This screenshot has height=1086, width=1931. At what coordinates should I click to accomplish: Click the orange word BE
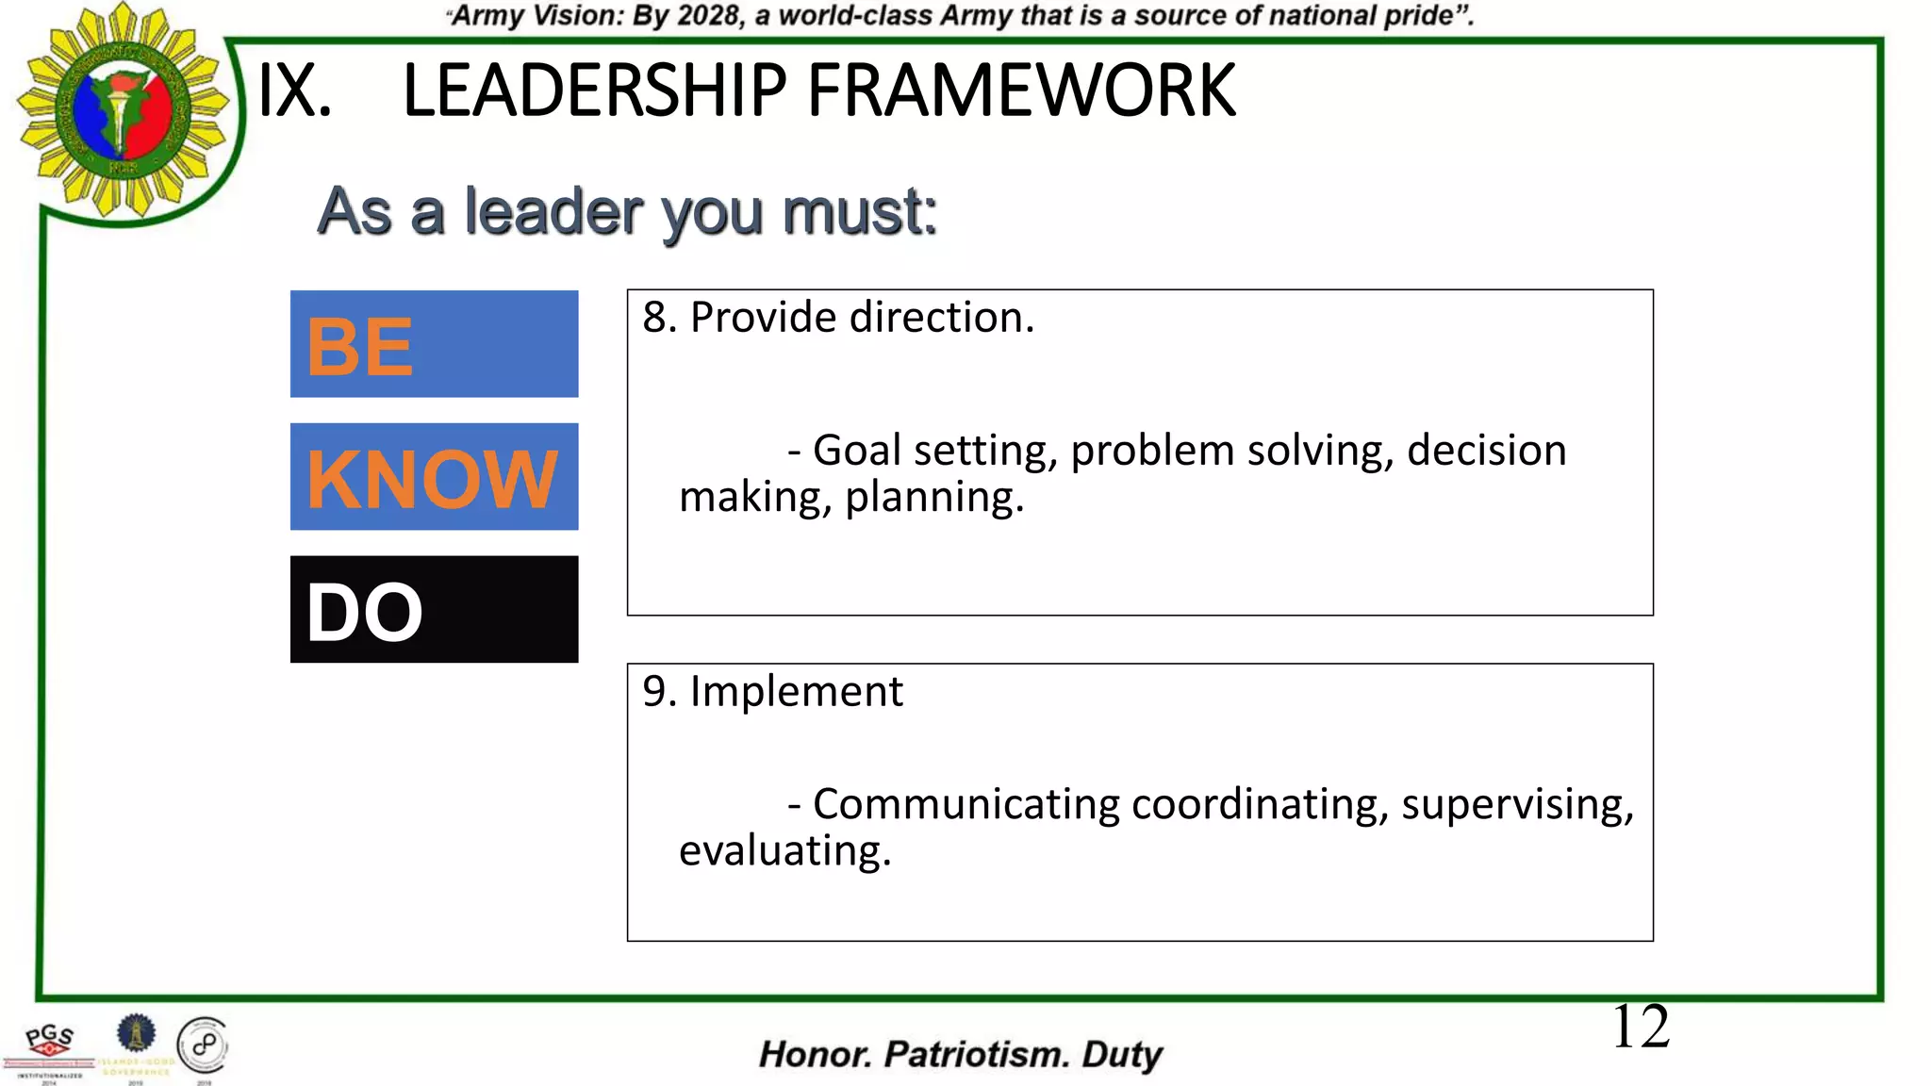[360, 347]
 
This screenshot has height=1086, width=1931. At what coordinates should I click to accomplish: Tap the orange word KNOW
[433, 479]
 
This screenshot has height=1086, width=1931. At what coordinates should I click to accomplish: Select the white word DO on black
[365, 613]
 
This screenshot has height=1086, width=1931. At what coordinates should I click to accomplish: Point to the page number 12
[1641, 1027]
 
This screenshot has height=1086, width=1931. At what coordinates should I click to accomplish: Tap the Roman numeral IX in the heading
[294, 91]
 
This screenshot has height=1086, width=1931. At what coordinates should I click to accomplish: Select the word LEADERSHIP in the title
[594, 91]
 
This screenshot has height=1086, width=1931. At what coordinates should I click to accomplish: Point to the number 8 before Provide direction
[654, 318]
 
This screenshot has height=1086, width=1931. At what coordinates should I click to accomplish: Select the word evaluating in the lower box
[784, 850]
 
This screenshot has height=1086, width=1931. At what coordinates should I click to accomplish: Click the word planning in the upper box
[933, 497]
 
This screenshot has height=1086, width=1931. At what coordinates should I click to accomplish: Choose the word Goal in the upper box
[857, 451]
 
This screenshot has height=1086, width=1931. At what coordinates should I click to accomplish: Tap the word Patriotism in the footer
[976, 1055]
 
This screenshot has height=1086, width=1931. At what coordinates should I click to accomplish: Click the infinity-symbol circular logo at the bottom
[204, 1045]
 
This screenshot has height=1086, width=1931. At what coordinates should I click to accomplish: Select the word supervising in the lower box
[1517, 804]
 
